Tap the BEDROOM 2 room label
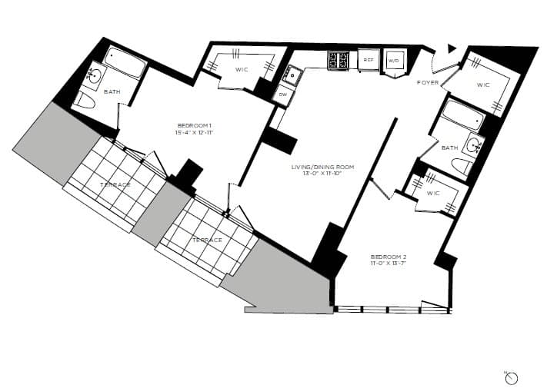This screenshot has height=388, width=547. coord(389,256)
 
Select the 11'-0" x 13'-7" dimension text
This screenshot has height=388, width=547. coord(389,264)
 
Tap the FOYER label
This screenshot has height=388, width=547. coord(428,81)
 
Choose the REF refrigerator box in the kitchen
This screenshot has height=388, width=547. coord(369,60)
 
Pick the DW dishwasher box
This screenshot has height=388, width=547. coord(283,95)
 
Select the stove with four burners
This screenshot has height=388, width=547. coord(339,60)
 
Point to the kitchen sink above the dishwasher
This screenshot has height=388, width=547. coord(292,75)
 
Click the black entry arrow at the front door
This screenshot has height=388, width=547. coord(452,48)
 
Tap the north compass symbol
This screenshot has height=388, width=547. coord(512,377)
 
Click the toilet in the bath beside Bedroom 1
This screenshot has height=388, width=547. coord(85,102)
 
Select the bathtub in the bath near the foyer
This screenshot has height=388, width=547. coord(463,117)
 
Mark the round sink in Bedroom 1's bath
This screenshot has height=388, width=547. coord(94,75)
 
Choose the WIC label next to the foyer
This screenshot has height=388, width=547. coord(483,85)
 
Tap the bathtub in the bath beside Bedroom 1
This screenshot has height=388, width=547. coord(124,63)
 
